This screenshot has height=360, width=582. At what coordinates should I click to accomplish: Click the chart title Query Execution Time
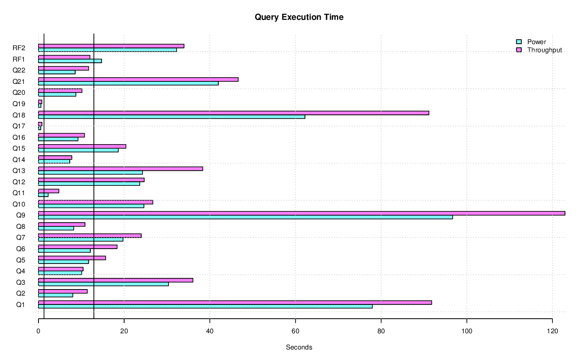(x=299, y=17)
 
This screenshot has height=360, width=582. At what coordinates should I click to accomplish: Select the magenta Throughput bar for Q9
(x=301, y=213)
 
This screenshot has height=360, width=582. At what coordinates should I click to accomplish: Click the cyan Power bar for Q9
(x=245, y=217)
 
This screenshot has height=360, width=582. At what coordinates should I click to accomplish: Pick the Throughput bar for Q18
(x=234, y=113)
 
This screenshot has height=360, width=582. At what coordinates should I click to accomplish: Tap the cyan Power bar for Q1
(x=205, y=307)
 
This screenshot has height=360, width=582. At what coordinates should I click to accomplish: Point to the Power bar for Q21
(x=128, y=83)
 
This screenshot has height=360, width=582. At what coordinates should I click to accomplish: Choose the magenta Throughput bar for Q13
(x=121, y=169)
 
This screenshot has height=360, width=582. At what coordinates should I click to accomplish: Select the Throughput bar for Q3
(x=115, y=280)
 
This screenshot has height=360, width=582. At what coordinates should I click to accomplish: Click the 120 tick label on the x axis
(x=552, y=331)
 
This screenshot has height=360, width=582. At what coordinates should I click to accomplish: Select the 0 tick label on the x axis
(x=38, y=331)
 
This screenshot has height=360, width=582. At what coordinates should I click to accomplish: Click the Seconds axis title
(x=299, y=347)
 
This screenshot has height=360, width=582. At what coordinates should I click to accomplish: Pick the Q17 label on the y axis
(x=19, y=126)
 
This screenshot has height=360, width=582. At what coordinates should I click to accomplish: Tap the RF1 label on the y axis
(x=19, y=59)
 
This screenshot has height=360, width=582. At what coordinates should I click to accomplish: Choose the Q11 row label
(x=19, y=193)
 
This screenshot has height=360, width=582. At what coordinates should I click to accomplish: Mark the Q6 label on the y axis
(x=21, y=249)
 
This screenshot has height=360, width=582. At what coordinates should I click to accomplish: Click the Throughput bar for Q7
(x=90, y=236)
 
